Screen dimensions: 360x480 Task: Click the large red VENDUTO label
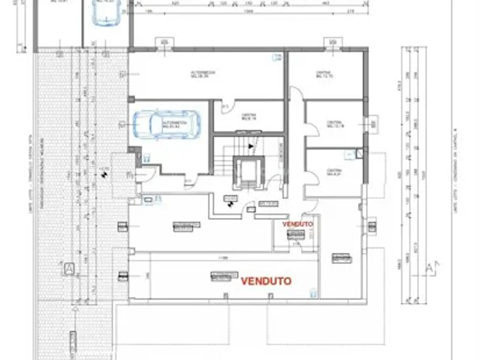(266, 280)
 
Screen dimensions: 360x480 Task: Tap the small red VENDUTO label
(297, 224)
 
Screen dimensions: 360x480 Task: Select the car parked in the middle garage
(164, 124)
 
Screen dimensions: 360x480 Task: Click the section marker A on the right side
(431, 265)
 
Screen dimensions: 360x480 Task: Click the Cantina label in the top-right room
(324, 74)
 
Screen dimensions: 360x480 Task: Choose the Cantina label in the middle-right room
(334, 124)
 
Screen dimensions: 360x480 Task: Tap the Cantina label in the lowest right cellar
(334, 171)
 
